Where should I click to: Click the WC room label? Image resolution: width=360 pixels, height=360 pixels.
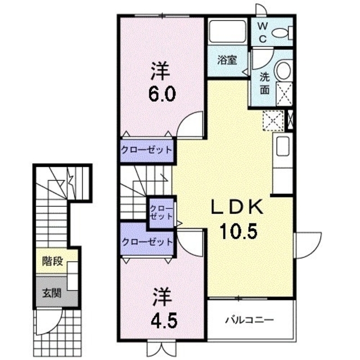pyautogui.click(x=263, y=32)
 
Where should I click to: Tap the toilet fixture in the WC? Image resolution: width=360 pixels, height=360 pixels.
pyautogui.click(x=281, y=33)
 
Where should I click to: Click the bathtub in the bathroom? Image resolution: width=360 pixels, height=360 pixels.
pyautogui.click(x=227, y=33)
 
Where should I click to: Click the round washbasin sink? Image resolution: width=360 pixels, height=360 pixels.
pyautogui.click(x=283, y=71)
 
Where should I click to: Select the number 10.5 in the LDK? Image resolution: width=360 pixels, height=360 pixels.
pyautogui.click(x=237, y=231)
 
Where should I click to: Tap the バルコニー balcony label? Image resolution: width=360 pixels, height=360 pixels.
pyautogui.click(x=250, y=320)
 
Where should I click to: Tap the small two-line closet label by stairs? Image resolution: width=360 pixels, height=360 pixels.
pyautogui.click(x=161, y=213)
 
